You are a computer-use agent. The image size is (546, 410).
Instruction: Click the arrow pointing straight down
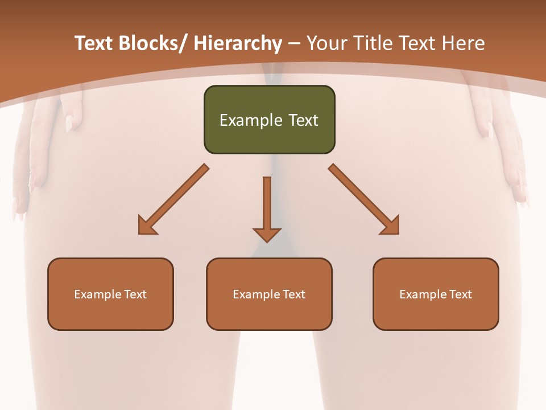coord(267,208)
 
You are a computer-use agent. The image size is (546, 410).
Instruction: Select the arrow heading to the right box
coord(364,199)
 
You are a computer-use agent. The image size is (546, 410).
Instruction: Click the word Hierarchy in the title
coord(238,43)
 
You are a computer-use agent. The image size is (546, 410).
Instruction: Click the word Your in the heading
coord(326,43)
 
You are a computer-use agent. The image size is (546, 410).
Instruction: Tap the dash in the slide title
coord(294,43)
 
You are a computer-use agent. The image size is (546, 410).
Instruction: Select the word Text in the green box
coord(303,120)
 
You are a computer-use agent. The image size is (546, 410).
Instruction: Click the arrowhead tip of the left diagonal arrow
coord(139,233)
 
